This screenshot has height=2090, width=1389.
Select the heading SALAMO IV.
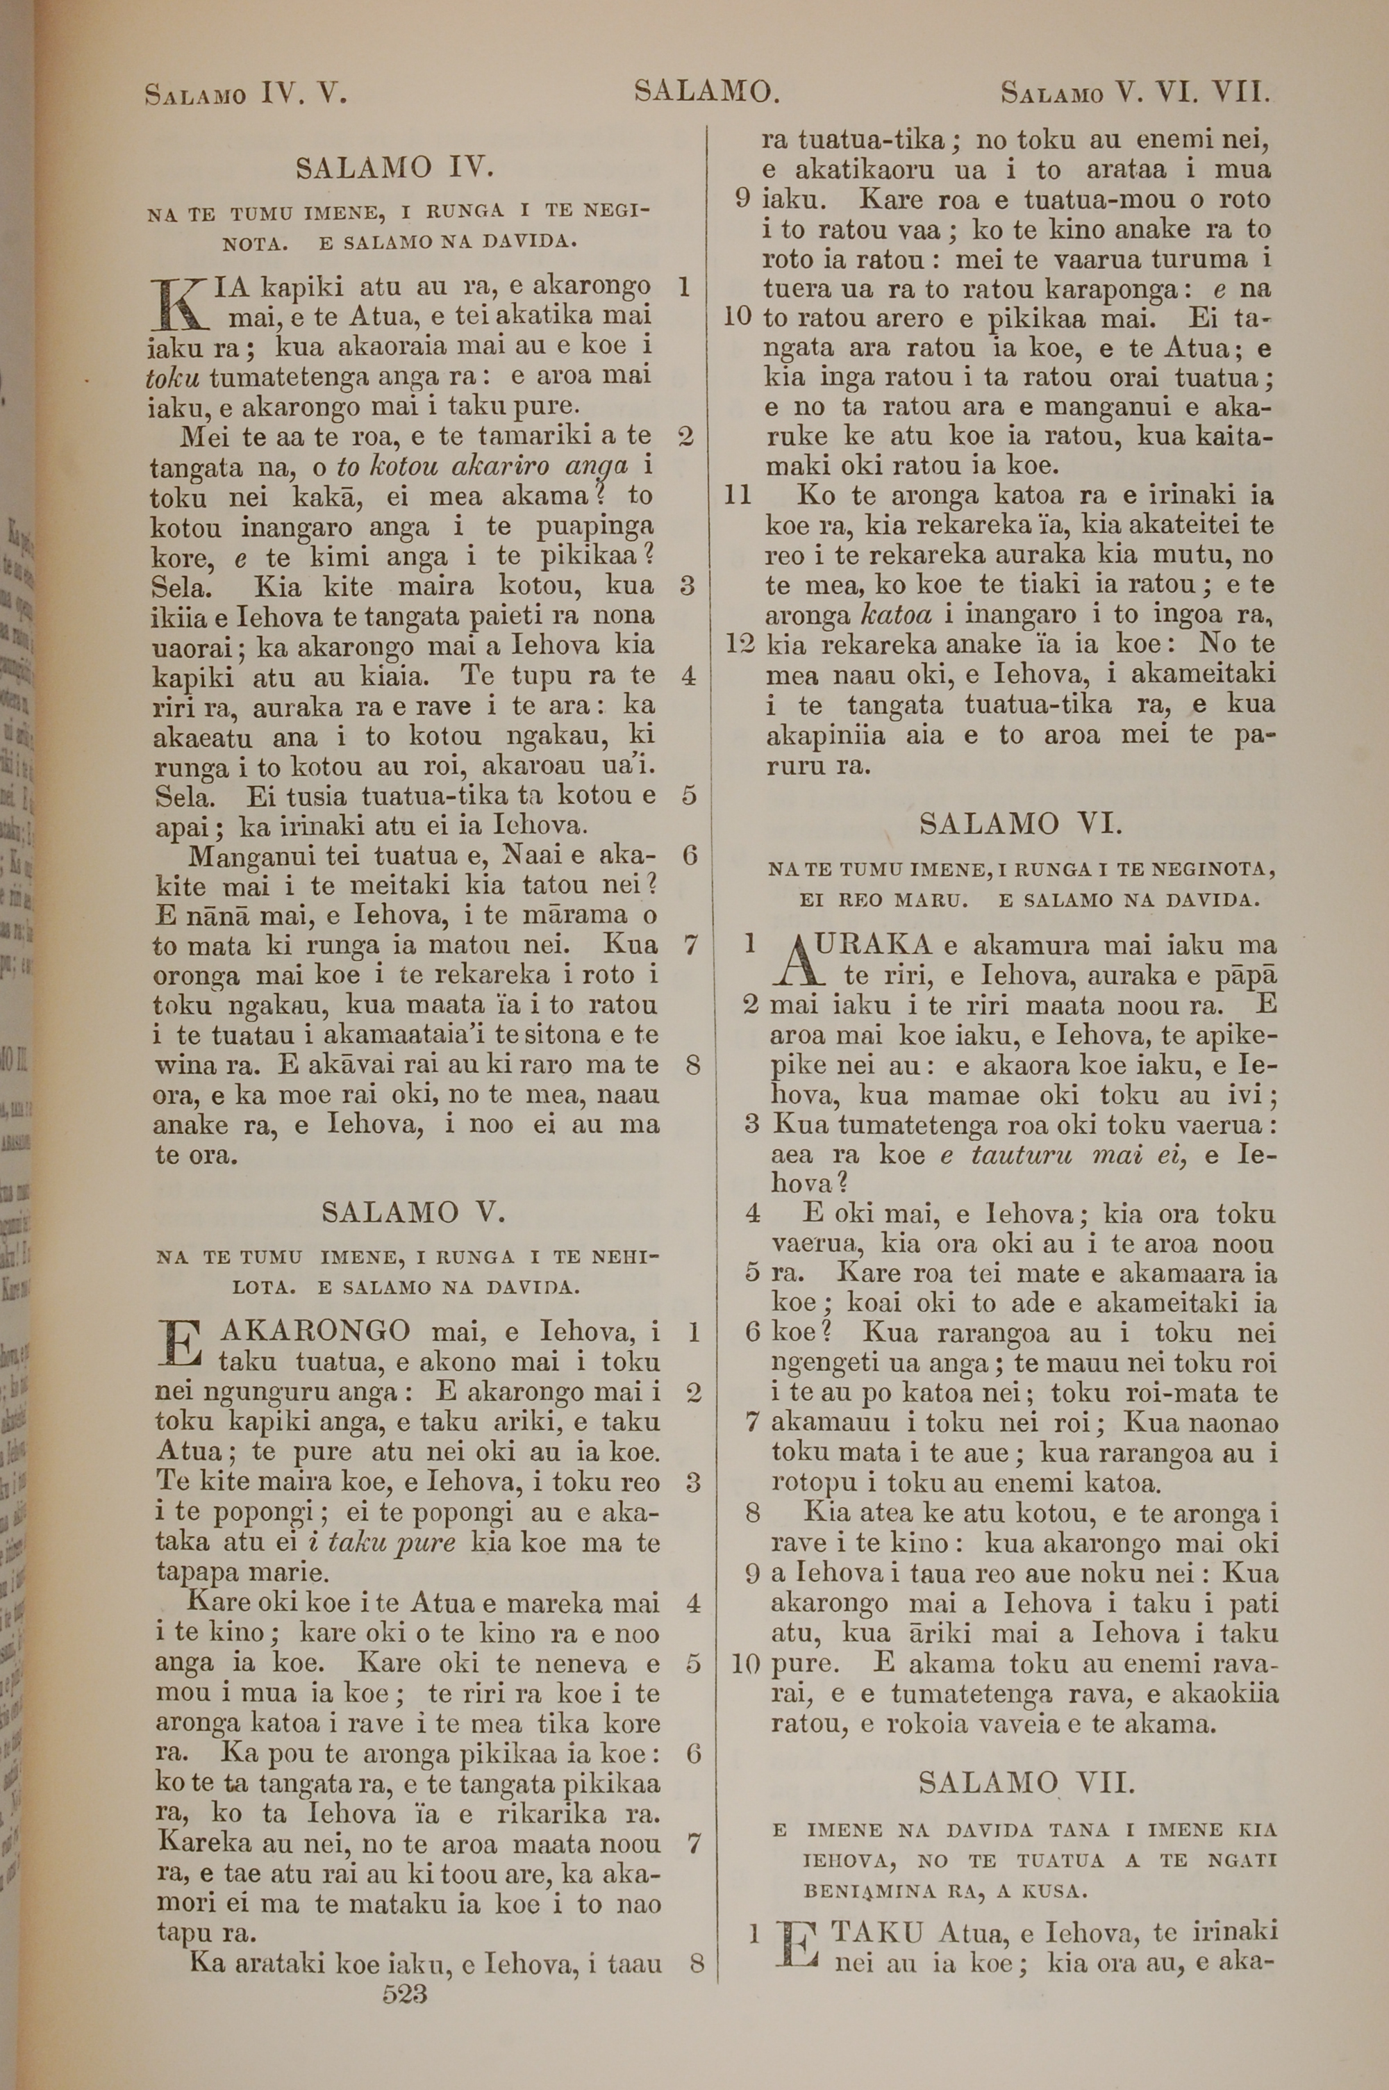394,167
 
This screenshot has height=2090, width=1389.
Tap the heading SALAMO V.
414,1212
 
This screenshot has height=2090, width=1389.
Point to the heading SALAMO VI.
1020,825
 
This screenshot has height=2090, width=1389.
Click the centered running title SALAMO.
706,91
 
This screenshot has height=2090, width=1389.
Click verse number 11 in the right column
738,495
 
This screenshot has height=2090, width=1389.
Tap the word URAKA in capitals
872,944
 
